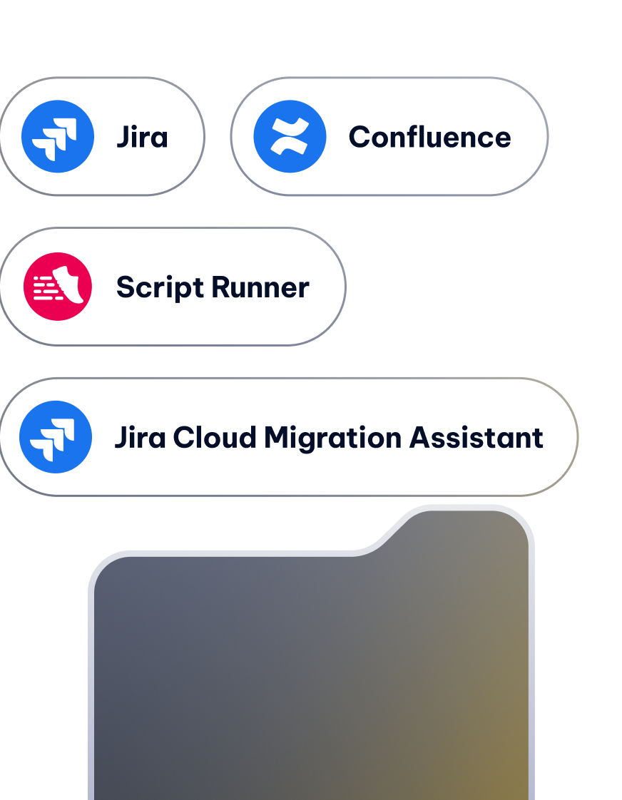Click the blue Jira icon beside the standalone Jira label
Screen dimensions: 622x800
pos(58,136)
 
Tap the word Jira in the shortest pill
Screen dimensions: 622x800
pos(143,137)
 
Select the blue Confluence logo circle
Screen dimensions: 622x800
pos(290,136)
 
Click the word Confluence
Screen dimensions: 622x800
pos(429,137)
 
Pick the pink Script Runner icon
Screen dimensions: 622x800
pos(58,286)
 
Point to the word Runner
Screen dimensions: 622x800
pos(260,287)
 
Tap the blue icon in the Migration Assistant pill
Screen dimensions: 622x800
pos(56,437)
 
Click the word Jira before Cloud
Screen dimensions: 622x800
pos(141,437)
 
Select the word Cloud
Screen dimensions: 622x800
pos(214,437)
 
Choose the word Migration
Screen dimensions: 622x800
pos(332,438)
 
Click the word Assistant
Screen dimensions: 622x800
pos(476,437)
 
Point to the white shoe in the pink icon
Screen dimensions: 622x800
pos(69,284)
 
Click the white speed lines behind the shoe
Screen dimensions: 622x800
pos(46,288)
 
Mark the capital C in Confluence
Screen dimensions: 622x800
pos(361,137)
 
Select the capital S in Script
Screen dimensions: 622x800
pos(127,287)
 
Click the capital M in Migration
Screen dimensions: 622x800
pos(278,437)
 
